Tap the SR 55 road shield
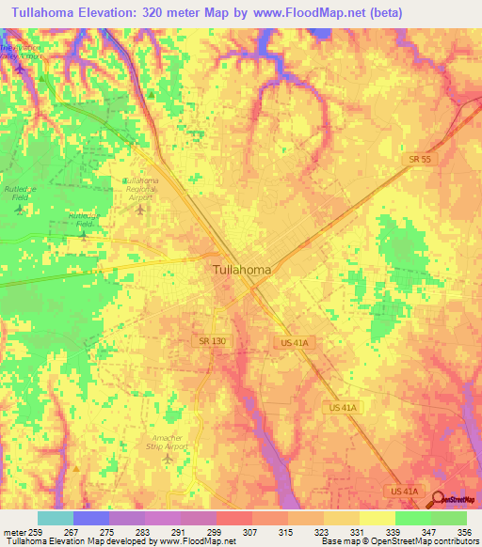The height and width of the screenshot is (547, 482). point(420,161)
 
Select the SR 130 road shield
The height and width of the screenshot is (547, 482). point(211,339)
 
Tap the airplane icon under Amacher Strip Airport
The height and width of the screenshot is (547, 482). point(168,460)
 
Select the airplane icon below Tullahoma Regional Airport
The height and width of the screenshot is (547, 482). point(140,208)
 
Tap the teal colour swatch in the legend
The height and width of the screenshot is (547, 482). point(55,518)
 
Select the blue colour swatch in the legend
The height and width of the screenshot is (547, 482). point(90,518)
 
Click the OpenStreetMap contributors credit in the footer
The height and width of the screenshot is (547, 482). point(415,541)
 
